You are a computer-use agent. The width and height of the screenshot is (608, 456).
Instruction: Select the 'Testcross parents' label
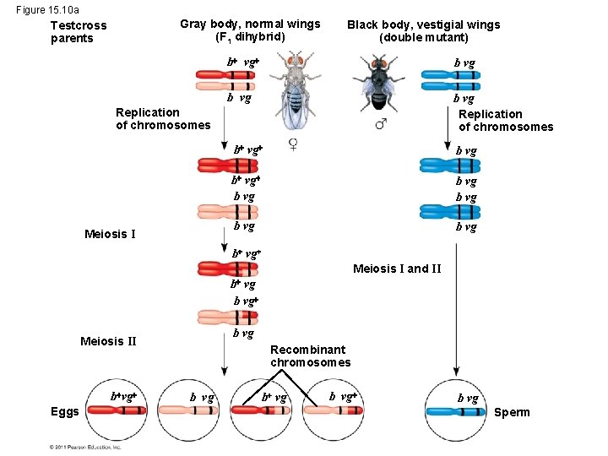pyautogui.click(x=79, y=32)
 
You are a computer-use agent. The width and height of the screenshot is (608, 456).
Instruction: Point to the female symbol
pyautogui.click(x=293, y=143)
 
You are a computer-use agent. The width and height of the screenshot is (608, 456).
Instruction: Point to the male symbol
pyautogui.click(x=381, y=125)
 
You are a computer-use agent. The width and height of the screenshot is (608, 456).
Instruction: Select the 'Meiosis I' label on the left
pyautogui.click(x=111, y=234)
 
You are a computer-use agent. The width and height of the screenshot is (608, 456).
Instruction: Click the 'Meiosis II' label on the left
pyautogui.click(x=107, y=341)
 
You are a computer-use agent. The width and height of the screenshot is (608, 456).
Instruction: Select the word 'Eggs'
pyautogui.click(x=65, y=412)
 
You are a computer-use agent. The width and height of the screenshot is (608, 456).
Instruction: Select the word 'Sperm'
pyautogui.click(x=512, y=412)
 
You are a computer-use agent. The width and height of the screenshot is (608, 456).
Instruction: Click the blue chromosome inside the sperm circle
pyautogui.click(x=456, y=412)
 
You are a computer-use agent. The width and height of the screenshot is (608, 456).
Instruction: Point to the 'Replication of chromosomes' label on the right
pyautogui.click(x=505, y=121)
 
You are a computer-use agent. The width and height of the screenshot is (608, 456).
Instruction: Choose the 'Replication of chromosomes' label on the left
pyautogui.click(x=163, y=118)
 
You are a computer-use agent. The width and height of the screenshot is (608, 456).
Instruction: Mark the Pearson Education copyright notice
pyautogui.click(x=85, y=447)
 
